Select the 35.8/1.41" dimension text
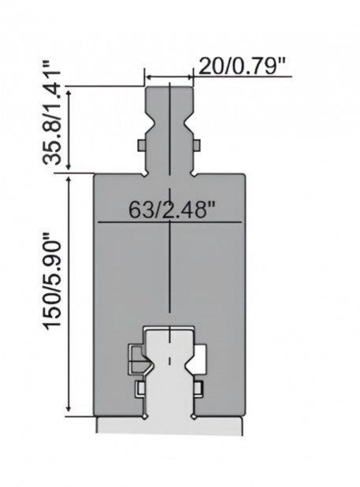[x=51, y=113]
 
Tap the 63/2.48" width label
[x=172, y=210]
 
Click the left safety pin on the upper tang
[x=142, y=146]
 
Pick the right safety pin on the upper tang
[x=196, y=146]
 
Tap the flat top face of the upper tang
[x=169, y=88]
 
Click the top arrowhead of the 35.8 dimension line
[x=69, y=94]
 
